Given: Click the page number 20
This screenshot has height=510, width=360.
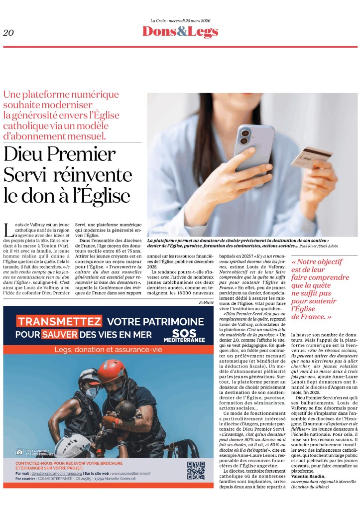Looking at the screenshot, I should pos(8,33).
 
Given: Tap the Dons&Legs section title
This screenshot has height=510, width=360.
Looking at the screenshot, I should pos(180,31).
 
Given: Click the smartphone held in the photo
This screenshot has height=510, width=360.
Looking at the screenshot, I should pos(254,150).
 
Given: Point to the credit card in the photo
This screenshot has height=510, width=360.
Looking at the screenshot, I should pos(310,157).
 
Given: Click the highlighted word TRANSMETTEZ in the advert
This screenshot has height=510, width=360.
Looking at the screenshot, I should pos(59,321).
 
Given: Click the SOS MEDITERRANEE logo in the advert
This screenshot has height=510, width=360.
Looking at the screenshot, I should pos(187,335).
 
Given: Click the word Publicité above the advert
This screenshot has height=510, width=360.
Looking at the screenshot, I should pos(206,302).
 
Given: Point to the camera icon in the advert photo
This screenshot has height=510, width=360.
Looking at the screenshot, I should pos(19,452).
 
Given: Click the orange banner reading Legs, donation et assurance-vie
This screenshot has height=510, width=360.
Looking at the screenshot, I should pos(109,350).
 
